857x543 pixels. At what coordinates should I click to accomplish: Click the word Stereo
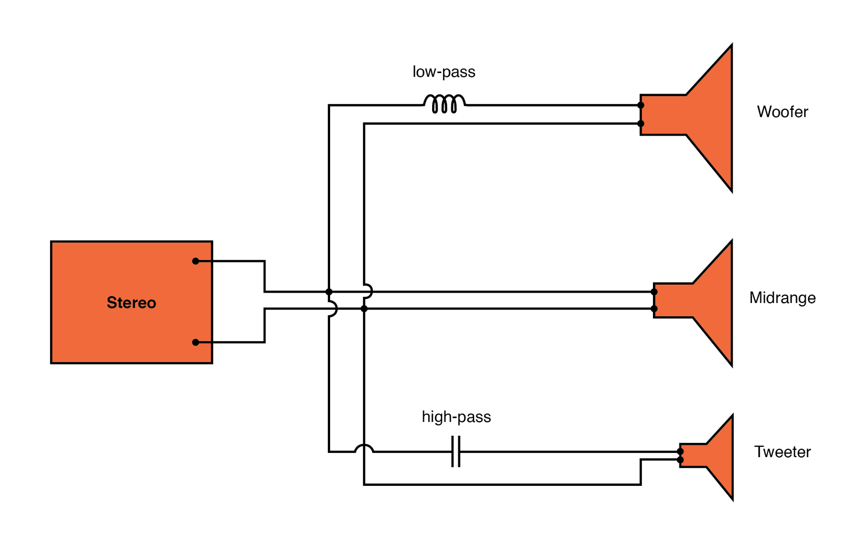coord(131,303)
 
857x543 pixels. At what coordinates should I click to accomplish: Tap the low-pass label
coord(444,72)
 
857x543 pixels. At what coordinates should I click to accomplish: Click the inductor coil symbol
coord(444,104)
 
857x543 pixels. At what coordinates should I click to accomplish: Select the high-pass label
coord(456,417)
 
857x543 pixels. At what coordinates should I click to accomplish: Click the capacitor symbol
coord(456,452)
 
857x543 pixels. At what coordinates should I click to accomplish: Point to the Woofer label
coord(782,112)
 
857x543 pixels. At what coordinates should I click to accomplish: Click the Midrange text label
coord(782,298)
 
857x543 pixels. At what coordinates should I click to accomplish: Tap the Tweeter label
coord(782,452)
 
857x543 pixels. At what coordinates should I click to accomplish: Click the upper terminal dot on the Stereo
coord(195,261)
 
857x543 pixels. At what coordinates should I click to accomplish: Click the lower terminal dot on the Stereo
coord(195,342)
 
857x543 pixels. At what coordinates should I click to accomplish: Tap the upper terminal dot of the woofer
coord(641,105)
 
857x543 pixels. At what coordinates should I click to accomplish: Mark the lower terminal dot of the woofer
coord(641,124)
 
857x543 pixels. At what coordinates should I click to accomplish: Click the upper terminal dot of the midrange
coord(654,292)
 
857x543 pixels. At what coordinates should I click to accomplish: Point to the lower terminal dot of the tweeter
coord(680,460)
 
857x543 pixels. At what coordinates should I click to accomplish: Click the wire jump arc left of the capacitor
coord(364,448)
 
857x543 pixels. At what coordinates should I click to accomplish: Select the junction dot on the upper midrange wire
coord(329,292)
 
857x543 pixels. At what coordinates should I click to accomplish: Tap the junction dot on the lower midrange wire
coord(364,309)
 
